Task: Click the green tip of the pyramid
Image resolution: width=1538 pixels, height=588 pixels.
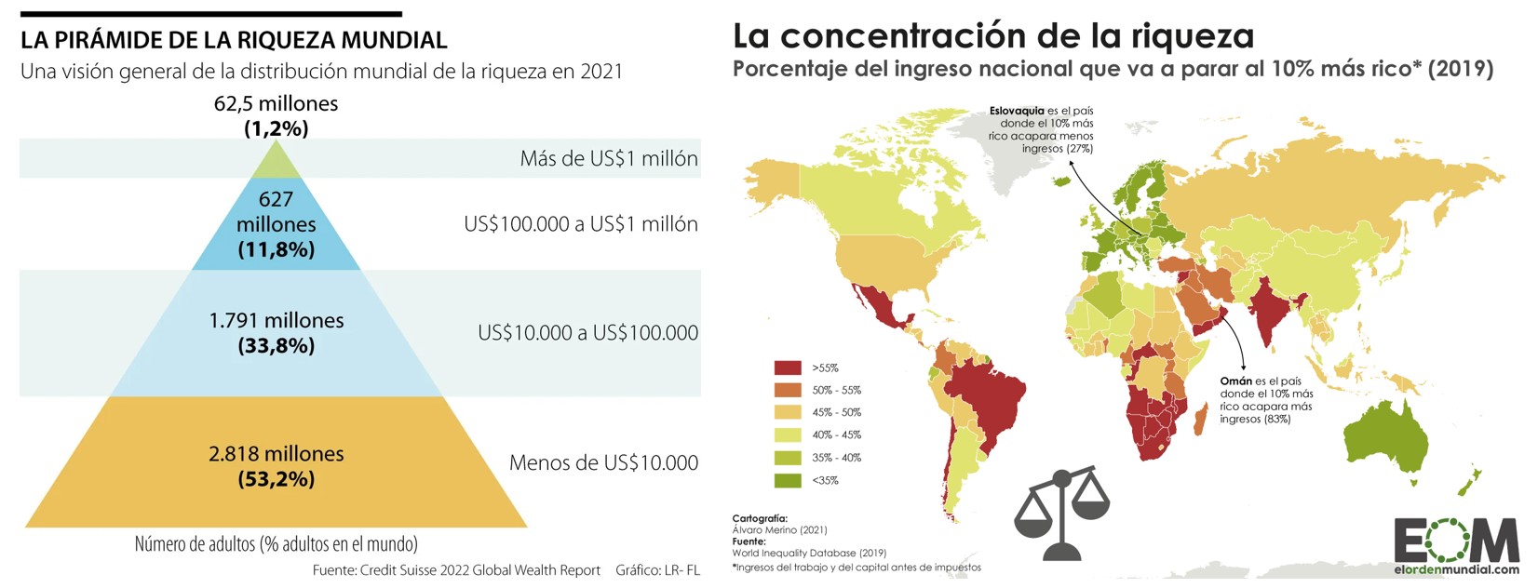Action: tap(277, 164)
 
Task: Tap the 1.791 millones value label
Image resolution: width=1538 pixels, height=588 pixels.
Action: tap(277, 320)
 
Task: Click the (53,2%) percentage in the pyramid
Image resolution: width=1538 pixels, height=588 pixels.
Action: tap(277, 479)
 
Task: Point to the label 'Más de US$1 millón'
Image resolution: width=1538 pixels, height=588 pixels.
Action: tap(609, 158)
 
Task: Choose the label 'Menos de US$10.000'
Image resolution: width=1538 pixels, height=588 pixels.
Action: tap(603, 462)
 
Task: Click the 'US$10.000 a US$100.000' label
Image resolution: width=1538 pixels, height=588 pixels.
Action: tap(587, 332)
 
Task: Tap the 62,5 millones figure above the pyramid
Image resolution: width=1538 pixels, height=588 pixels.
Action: tap(276, 103)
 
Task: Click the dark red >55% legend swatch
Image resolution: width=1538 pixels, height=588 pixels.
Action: tap(788, 367)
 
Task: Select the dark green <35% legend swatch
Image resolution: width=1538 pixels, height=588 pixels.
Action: tap(788, 480)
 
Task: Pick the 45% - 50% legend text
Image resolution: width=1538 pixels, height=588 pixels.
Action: tap(836, 412)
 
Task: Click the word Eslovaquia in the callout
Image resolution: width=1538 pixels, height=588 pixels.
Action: tap(1017, 111)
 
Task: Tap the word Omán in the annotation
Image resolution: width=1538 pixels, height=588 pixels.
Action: tap(1235, 381)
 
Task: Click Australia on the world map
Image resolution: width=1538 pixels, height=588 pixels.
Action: tap(1386, 438)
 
